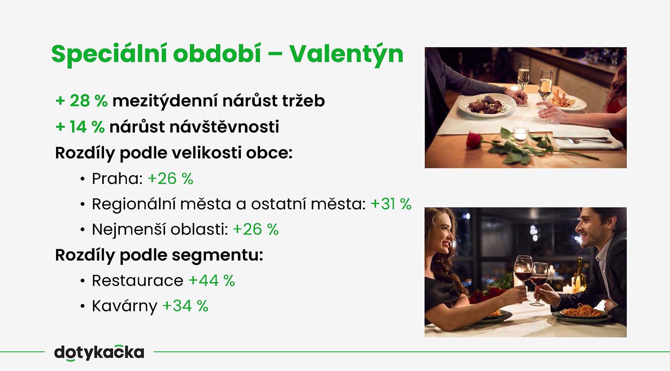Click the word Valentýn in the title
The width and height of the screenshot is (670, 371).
[x=346, y=55]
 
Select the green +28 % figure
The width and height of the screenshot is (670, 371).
[x=81, y=101]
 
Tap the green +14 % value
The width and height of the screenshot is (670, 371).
[x=80, y=127]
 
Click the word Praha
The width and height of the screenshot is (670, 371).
[x=117, y=179]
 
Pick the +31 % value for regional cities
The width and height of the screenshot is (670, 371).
[x=391, y=204]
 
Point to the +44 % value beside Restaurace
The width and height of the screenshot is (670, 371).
[x=212, y=281]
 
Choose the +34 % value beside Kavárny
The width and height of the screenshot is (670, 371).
[x=186, y=306]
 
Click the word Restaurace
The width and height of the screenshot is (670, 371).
[x=138, y=281]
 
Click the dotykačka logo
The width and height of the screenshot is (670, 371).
[x=99, y=353]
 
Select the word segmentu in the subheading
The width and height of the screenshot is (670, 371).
[x=217, y=256]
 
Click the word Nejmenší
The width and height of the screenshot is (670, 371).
[x=129, y=230]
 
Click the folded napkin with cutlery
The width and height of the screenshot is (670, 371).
[x=585, y=140]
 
